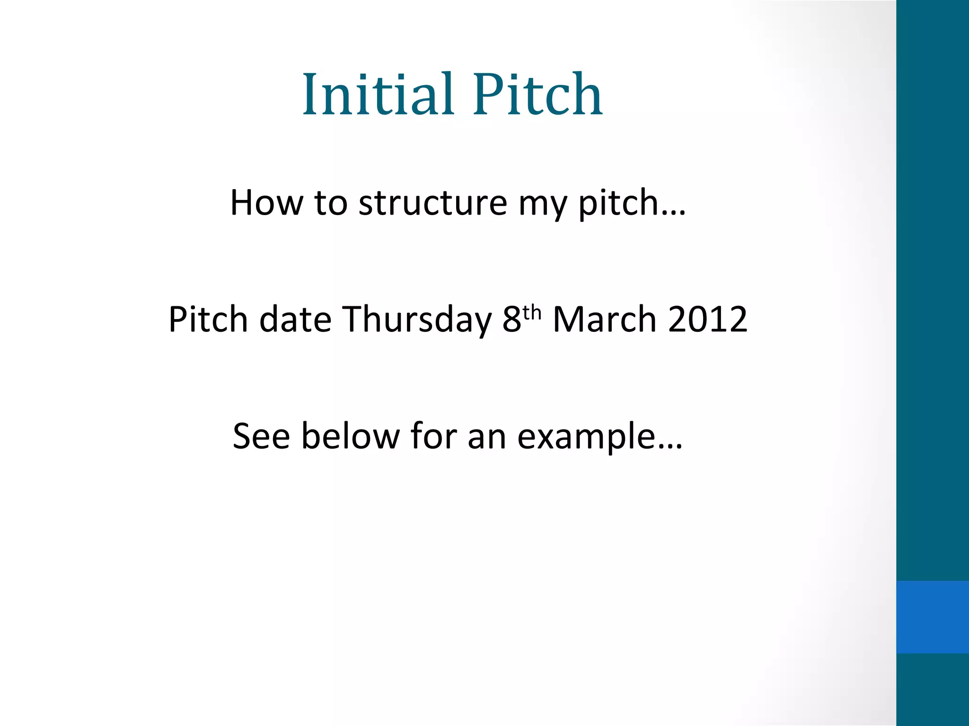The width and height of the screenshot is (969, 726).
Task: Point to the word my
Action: pyautogui.click(x=542, y=205)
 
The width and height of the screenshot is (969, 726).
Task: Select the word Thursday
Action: pyautogui.click(x=417, y=320)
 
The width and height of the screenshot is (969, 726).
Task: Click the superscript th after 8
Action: pyautogui.click(x=532, y=312)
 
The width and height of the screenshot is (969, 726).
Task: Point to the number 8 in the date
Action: pyautogui.click(x=511, y=320)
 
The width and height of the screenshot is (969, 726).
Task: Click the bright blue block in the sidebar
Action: pyautogui.click(x=932, y=617)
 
